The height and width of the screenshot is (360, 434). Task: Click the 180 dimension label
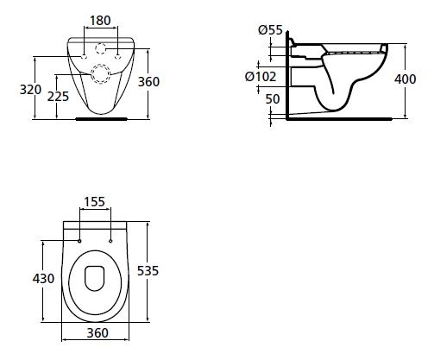pos(100,21)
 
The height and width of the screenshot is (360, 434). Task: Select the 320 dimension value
pos(30,90)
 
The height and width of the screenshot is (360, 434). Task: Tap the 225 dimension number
pos(58,97)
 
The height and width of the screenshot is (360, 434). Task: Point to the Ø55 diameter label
pos(270,30)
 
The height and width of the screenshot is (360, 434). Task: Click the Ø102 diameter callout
pos(261,77)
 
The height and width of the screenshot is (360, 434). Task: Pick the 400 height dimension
pos(405,79)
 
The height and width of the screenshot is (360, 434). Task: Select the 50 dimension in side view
pos(273,99)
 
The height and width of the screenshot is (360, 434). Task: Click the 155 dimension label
pos(94,202)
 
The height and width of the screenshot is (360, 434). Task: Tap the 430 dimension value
pos(43,279)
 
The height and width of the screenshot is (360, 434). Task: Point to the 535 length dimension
pos(148,271)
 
